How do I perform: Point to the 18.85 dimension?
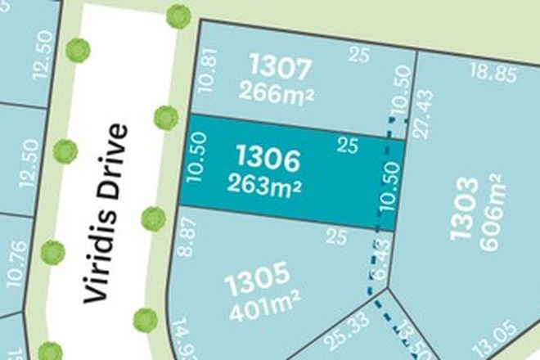[x=493, y=76]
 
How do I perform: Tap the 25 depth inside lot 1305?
[x=332, y=238]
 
